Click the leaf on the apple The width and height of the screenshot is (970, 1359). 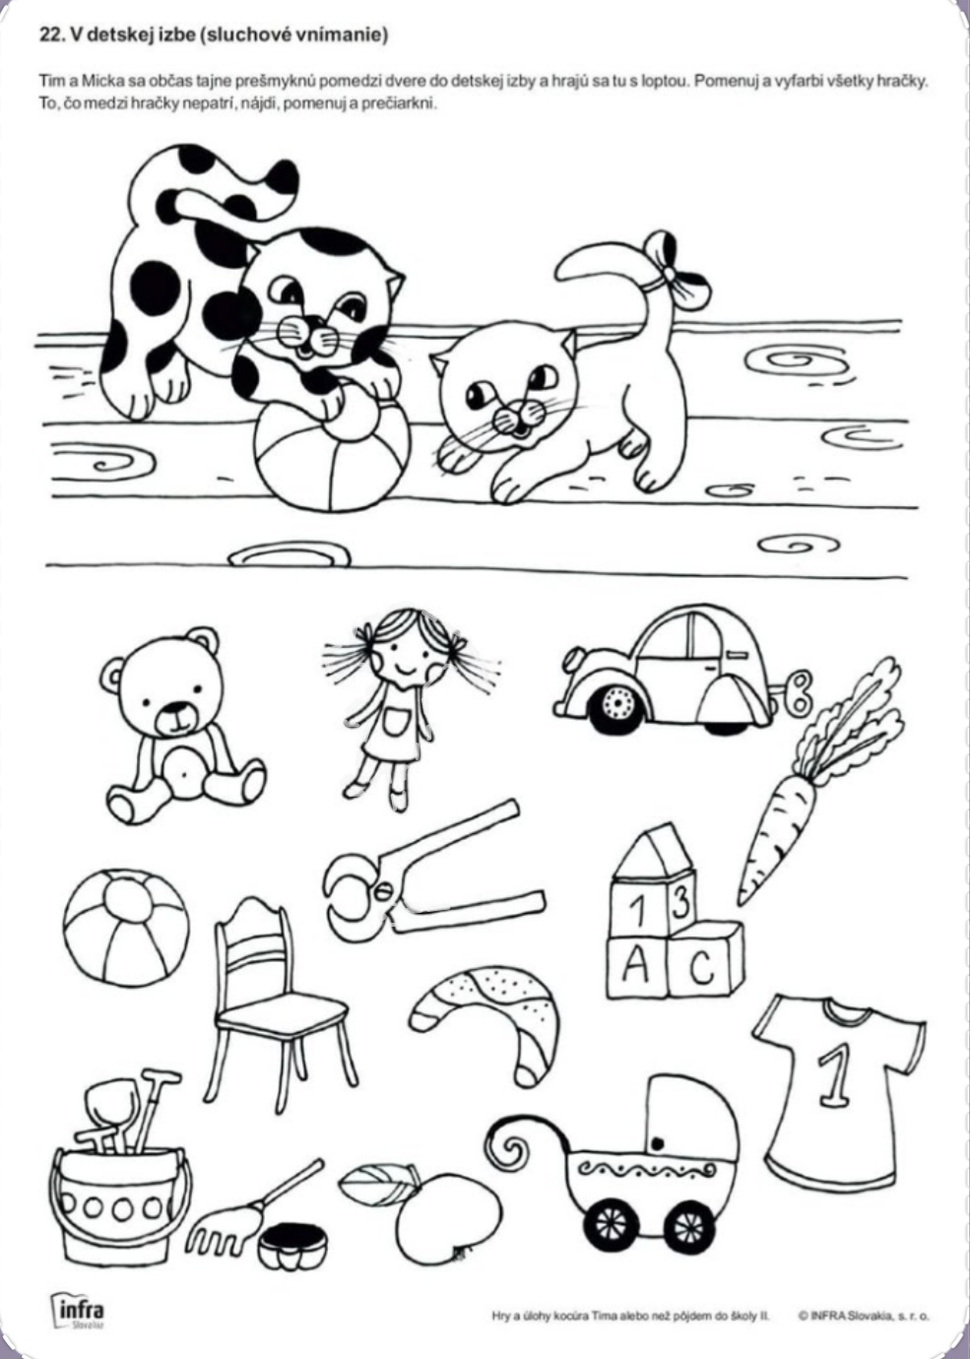pyautogui.click(x=375, y=1179)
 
